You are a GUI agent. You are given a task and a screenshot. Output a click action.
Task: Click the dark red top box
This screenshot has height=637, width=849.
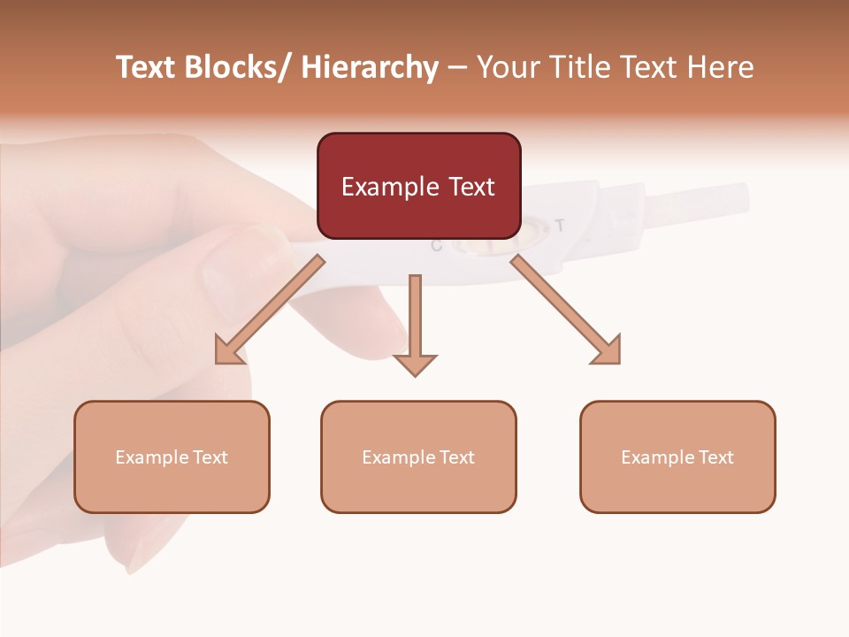click(418, 186)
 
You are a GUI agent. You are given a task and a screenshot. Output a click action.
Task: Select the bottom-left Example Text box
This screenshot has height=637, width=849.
click(172, 457)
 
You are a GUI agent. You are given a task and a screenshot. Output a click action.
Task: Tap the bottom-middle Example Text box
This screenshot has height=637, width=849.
click(418, 457)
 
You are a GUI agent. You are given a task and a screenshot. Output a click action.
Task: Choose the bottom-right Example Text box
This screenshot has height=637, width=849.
click(677, 457)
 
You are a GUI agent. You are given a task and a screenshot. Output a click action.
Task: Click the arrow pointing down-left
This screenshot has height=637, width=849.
click(269, 311)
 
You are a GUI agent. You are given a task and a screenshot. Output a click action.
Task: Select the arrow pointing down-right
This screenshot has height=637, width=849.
click(566, 310)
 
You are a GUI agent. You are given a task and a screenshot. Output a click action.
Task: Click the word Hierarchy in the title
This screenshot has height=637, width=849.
click(370, 67)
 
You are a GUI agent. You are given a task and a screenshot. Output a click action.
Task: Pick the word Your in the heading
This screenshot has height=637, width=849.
click(505, 67)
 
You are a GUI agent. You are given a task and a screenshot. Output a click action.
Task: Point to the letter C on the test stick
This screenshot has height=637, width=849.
click(436, 246)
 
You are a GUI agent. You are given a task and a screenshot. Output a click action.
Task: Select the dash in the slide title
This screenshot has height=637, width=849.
click(457, 67)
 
